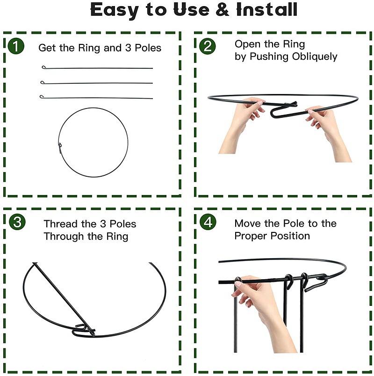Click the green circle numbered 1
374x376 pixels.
click(16, 46)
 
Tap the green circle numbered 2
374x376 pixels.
click(208, 46)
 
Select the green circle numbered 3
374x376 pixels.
click(17, 222)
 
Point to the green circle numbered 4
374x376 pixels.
click(208, 222)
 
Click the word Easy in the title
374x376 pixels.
click(115, 10)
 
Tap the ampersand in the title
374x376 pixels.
click(222, 10)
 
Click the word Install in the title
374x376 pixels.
click(267, 10)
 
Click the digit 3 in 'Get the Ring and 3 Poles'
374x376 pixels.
click(128, 48)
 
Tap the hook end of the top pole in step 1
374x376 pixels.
click(43, 67)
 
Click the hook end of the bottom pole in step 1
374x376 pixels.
click(42, 96)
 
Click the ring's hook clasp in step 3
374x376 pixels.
click(83, 331)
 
